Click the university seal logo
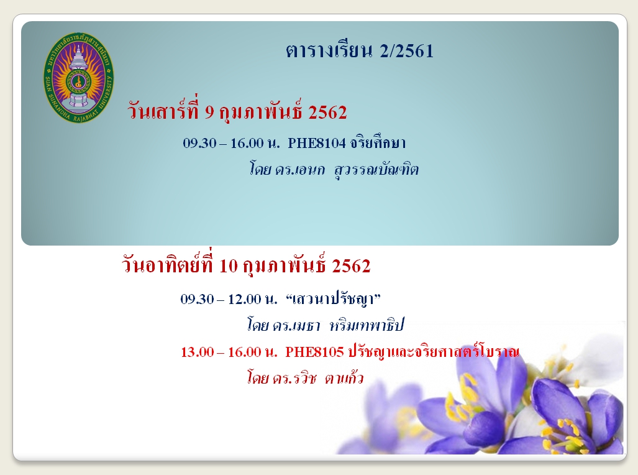[x=78, y=78]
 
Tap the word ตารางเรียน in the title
[x=329, y=52]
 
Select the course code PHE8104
[x=317, y=144]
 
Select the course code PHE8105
[x=314, y=352]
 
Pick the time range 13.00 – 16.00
[x=221, y=352]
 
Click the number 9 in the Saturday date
[x=209, y=113]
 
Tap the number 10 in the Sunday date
[x=228, y=267]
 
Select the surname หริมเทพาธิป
[x=367, y=326]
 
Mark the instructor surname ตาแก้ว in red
[x=344, y=377]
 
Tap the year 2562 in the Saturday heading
[x=327, y=113]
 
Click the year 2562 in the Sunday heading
[x=351, y=267]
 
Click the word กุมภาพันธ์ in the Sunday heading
[x=285, y=265]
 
